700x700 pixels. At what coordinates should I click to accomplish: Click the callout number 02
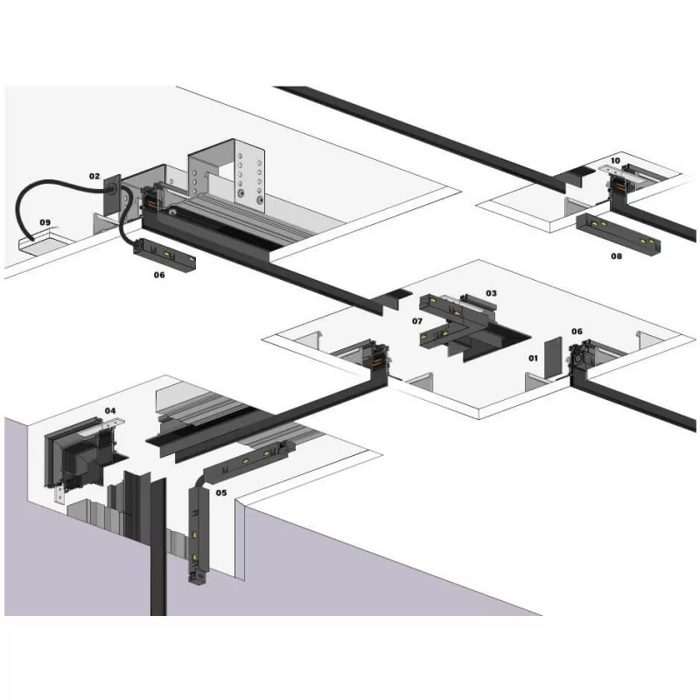point(94,176)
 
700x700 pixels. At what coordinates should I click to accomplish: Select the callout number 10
point(615,161)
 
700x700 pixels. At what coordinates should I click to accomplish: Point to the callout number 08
point(616,256)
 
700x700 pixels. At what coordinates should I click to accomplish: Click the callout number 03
point(491,293)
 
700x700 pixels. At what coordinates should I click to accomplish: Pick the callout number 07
point(417,322)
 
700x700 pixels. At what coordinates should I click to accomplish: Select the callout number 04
point(110,410)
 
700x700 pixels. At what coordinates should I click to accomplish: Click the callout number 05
point(221,493)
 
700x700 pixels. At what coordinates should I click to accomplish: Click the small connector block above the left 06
point(164,255)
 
